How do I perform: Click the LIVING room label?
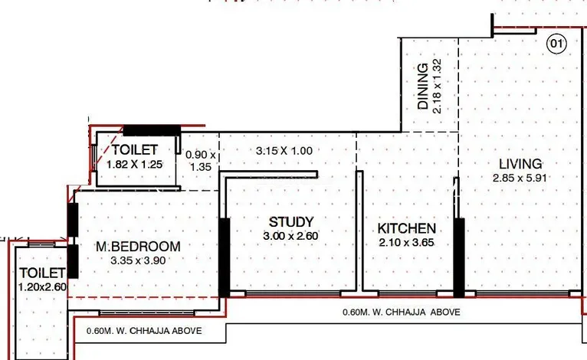point(520,164)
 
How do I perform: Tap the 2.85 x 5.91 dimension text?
point(520,178)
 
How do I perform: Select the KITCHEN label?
point(407,228)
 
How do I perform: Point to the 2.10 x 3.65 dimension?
point(406,243)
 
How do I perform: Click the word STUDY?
point(291,222)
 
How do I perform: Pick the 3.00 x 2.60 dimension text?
point(290,236)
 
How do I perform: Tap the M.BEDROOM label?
point(138,247)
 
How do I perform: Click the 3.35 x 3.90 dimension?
point(138,260)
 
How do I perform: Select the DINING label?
point(423,86)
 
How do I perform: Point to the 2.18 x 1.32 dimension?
point(437,86)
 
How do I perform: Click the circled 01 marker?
point(556,44)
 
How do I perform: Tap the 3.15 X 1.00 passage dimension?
point(284,151)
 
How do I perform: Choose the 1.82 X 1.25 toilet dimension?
point(134,164)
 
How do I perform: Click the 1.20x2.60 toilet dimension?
point(43,287)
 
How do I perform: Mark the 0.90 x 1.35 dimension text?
point(201,161)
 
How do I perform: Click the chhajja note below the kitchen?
point(402,312)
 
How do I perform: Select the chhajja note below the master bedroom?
point(144,331)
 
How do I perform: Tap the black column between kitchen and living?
point(459,257)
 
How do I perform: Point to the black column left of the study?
point(224,257)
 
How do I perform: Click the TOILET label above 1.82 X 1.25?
point(135,149)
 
